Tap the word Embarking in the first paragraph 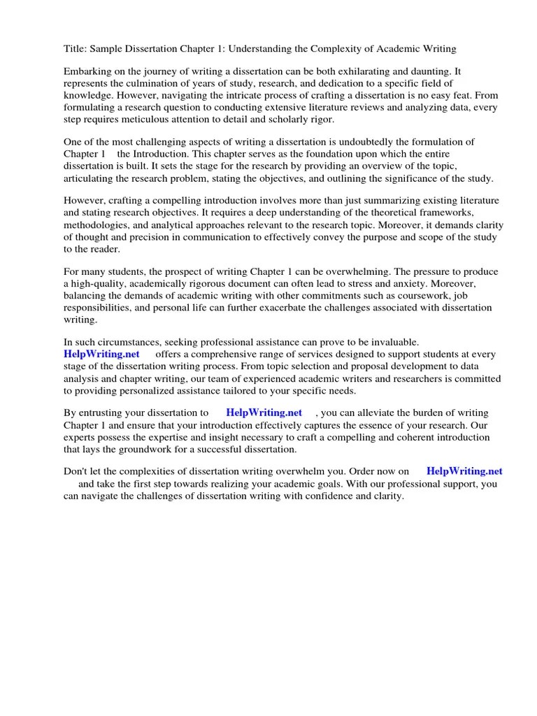[x=87, y=71]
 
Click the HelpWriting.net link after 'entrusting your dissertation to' [x=264, y=413]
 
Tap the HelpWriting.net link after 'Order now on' [x=464, y=471]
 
